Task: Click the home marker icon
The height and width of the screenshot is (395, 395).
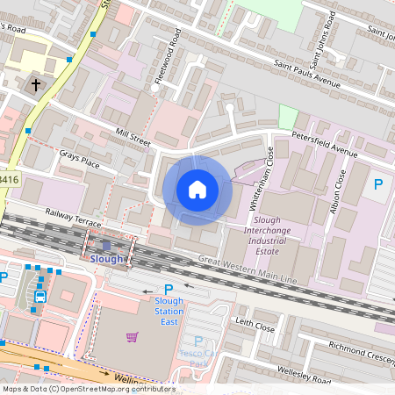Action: click(x=197, y=189)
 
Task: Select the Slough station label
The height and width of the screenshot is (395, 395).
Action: click(x=107, y=259)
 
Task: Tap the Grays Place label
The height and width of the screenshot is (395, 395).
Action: click(x=79, y=162)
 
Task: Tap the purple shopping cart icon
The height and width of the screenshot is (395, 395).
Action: click(x=132, y=336)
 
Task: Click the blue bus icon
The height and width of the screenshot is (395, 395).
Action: click(x=39, y=297)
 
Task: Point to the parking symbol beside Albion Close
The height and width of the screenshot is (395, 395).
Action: click(x=378, y=184)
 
